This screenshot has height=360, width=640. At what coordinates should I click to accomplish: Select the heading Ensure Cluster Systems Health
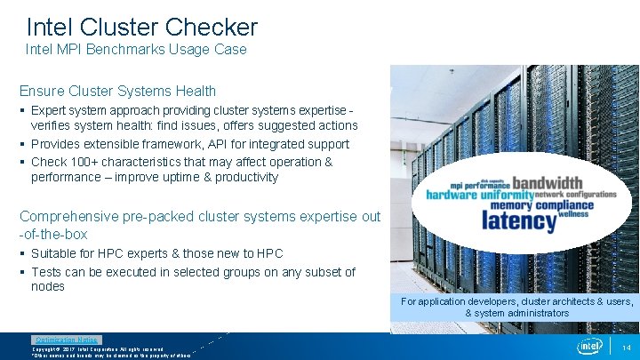[x=117, y=91]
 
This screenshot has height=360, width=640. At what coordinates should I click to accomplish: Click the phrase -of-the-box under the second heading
[x=53, y=235]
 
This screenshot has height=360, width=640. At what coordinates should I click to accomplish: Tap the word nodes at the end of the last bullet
[x=48, y=286]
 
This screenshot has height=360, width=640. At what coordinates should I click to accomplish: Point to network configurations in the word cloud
[x=575, y=194]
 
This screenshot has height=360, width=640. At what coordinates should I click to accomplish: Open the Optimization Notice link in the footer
[x=67, y=340]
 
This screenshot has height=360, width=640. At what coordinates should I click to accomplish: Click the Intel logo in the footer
[x=589, y=346]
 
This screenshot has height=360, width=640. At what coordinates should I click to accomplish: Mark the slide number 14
[x=627, y=347]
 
